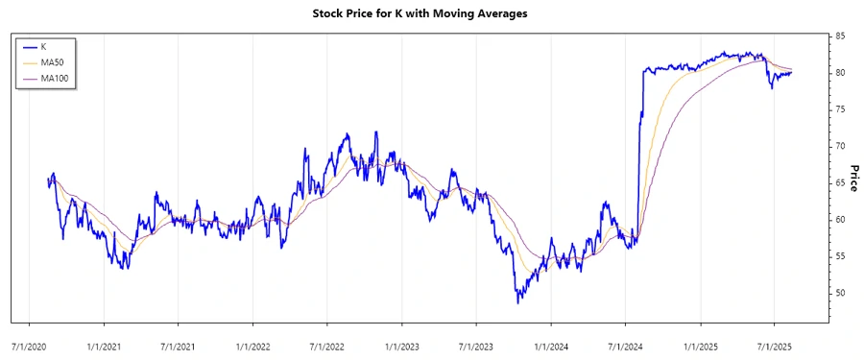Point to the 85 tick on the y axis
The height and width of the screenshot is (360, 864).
(x=840, y=36)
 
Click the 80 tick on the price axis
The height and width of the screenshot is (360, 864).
(x=840, y=73)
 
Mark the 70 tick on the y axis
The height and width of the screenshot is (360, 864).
(x=840, y=146)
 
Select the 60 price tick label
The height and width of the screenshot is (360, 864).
(x=840, y=220)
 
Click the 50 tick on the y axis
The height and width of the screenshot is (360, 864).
(x=840, y=293)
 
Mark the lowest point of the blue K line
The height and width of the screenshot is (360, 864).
(x=518, y=303)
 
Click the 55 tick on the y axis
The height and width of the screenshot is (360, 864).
(x=840, y=256)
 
